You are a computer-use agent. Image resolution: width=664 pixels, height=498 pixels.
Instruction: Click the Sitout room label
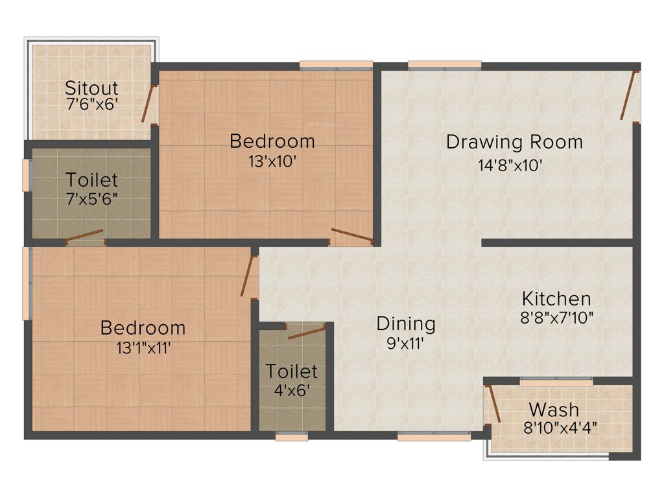point(92,88)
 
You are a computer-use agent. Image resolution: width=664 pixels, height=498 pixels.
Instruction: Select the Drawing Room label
point(514,141)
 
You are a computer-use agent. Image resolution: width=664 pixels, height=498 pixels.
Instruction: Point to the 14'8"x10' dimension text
point(510,165)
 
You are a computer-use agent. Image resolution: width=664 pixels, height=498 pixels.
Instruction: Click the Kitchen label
point(556,299)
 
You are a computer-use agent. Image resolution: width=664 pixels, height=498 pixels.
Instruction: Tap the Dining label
point(406,323)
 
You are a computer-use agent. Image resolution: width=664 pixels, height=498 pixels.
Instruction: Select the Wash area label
point(554,410)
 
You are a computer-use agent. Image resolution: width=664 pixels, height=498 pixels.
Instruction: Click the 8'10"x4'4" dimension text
point(560,428)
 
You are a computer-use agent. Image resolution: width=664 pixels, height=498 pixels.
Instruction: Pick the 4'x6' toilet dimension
point(291,391)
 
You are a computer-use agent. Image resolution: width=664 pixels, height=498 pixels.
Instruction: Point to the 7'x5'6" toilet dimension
point(91,198)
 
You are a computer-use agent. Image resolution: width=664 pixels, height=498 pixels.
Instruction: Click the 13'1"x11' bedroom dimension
point(143,348)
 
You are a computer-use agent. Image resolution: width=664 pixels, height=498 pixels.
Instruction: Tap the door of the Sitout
point(149,104)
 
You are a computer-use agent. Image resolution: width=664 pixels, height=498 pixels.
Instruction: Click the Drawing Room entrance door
point(627,96)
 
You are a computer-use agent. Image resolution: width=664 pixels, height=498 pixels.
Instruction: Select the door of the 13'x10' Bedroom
point(352,235)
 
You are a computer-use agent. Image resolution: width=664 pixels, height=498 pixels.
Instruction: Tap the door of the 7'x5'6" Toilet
point(84,235)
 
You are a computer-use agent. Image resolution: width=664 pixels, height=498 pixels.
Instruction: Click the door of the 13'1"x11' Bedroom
point(247,276)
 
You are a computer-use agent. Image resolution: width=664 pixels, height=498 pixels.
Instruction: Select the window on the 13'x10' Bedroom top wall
point(336,64)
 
